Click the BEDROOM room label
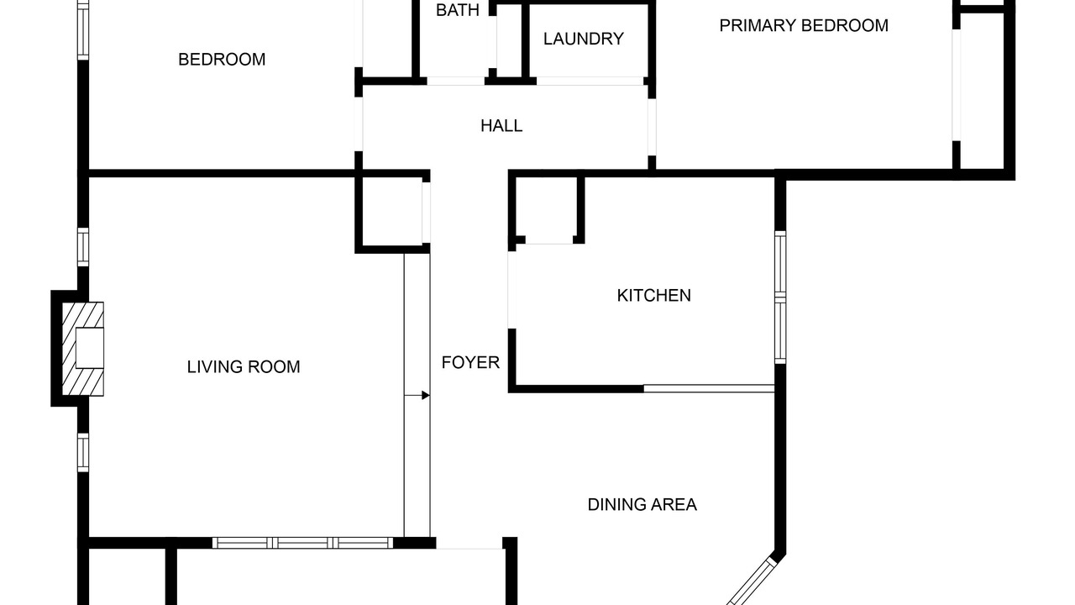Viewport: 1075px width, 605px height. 222,60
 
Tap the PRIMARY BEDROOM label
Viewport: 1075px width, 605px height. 804,25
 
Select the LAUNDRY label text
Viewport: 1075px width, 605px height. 584,39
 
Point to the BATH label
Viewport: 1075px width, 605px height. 458,10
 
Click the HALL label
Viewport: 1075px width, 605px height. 501,126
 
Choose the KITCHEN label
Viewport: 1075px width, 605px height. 654,295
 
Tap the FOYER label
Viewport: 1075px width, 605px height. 470,362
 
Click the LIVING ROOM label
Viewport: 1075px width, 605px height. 244,367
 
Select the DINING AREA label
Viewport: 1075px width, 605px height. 642,505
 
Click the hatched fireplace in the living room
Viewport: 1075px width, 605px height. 82,349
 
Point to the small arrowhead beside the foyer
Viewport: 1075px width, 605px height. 426,395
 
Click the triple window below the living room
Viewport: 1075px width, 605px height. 302,543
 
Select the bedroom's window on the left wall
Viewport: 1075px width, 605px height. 83,30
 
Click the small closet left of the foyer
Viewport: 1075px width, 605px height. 392,213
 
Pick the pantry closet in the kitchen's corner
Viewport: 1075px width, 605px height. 546,209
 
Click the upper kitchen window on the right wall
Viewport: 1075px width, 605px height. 780,264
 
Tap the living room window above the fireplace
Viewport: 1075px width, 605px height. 83,247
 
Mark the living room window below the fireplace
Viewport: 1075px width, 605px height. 83,452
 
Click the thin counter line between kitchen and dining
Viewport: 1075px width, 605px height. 709,388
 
